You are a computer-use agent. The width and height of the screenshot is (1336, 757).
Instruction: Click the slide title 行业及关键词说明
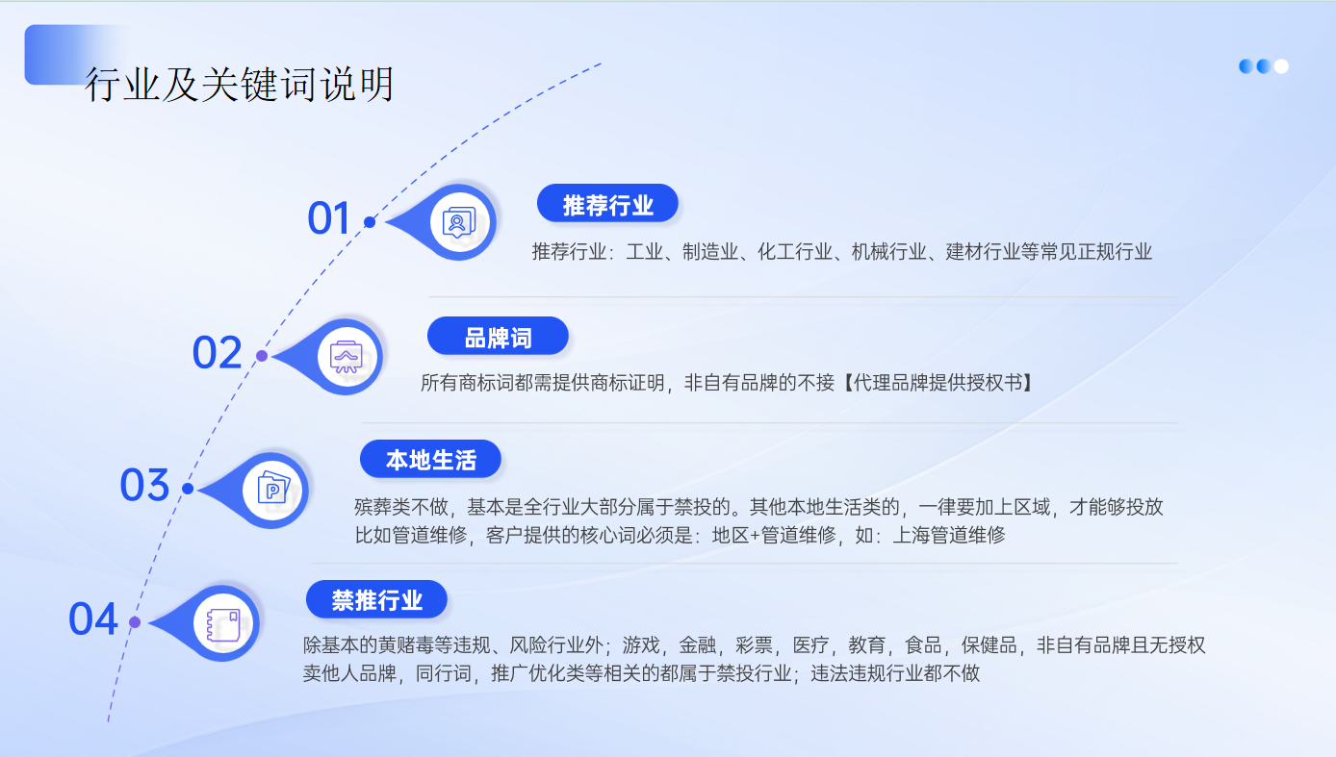[239, 84]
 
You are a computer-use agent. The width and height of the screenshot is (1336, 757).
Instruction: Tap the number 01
[328, 217]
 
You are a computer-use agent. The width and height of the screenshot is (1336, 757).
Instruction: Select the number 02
[217, 352]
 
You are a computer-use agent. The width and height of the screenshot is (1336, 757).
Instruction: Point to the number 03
[144, 485]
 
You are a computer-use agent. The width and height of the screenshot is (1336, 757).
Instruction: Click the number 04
[93, 618]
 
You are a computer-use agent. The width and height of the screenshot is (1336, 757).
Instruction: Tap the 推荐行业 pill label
[607, 204]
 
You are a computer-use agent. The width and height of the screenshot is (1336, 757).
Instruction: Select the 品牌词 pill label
[498, 337]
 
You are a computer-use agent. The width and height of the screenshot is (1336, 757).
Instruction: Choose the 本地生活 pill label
[430, 460]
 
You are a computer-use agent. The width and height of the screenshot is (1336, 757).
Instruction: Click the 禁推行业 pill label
[377, 599]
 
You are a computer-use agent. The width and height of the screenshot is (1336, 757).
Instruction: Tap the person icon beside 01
[459, 223]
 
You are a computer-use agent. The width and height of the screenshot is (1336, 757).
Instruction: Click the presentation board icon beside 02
[347, 357]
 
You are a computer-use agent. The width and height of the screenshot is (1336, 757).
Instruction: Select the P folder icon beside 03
[273, 489]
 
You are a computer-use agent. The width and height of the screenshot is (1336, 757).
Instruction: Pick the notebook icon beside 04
[223, 624]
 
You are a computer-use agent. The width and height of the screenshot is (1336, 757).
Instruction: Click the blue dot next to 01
[370, 222]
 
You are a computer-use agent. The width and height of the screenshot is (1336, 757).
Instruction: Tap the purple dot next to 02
[262, 356]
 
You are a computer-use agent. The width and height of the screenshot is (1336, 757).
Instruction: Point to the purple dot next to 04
[135, 622]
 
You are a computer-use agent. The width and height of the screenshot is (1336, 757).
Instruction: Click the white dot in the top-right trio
[1281, 66]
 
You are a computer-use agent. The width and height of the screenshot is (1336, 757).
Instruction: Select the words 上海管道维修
[949, 535]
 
